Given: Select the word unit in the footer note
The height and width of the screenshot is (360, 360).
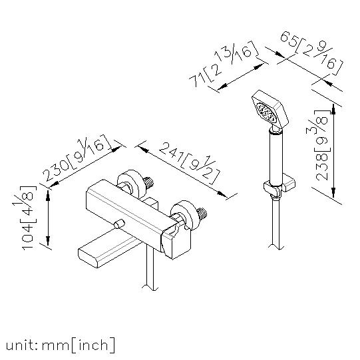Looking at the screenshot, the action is pos(20,345).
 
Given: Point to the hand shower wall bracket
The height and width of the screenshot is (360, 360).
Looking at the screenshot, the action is pos(279,185).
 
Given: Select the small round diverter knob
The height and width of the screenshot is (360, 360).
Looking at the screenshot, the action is pos(119,224).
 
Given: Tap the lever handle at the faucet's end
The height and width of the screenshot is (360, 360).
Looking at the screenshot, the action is pos(176,241).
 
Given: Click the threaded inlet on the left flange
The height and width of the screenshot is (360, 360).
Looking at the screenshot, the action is pos(148,182).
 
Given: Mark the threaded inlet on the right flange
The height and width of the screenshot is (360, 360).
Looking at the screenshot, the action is pos(202,214).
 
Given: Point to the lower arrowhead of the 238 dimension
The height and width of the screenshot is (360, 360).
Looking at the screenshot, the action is pos(333,192).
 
